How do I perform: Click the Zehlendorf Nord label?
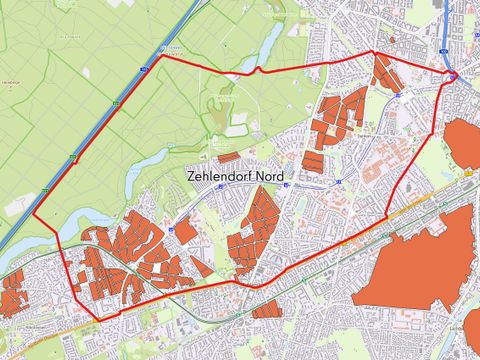[235, 176]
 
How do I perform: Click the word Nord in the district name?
[267, 176]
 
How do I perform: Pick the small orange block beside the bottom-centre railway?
[268, 311]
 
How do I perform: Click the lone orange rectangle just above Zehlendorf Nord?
[229, 157]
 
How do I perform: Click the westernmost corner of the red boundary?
[35, 215]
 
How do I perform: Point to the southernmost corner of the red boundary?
[97, 320]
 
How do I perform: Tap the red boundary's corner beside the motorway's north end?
[161, 55]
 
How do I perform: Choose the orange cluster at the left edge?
[12, 295]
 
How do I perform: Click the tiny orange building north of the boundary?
[393, 41]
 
